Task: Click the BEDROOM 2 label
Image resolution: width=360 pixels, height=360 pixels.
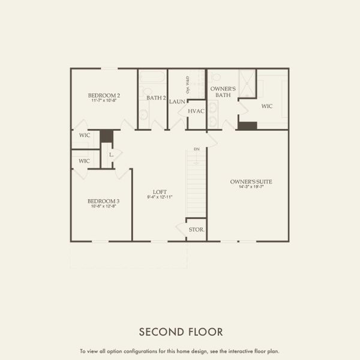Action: click(x=104, y=95)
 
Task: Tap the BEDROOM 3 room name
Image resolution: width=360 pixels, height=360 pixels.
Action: click(x=103, y=201)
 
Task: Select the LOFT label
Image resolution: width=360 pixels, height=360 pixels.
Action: click(x=159, y=191)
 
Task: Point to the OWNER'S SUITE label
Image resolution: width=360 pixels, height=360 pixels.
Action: click(x=248, y=181)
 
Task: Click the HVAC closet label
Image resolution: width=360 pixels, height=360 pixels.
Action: click(x=196, y=111)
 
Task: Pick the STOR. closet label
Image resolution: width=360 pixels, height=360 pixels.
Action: click(x=196, y=230)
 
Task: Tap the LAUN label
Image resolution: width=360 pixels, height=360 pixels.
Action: click(x=177, y=101)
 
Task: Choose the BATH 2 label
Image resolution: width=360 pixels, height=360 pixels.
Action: click(x=156, y=97)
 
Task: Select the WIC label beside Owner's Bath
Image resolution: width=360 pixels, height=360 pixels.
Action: click(x=267, y=106)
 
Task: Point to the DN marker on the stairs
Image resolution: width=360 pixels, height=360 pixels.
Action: click(x=196, y=149)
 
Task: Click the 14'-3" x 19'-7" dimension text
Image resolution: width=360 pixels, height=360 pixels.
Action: click(x=248, y=187)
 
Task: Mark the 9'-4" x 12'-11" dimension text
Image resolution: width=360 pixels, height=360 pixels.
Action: click(x=159, y=197)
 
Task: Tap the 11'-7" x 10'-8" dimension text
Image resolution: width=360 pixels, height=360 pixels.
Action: click(x=104, y=101)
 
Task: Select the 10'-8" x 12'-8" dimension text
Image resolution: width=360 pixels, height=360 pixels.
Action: click(x=103, y=206)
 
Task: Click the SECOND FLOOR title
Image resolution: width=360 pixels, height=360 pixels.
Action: click(x=181, y=331)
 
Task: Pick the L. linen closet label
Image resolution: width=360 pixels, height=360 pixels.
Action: click(x=112, y=154)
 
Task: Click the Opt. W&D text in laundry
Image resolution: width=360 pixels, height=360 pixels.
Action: click(x=188, y=85)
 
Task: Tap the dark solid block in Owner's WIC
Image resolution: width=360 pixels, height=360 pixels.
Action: click(x=247, y=125)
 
